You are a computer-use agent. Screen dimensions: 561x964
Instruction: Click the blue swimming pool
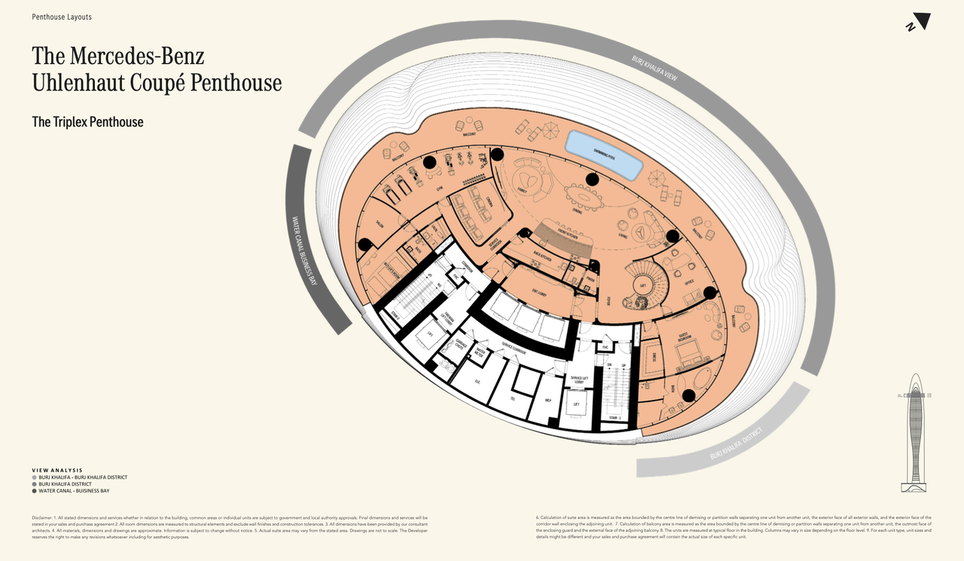[x=604, y=154]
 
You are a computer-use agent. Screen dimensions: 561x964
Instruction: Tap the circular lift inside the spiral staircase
[x=642, y=285]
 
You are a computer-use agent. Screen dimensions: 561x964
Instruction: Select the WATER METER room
[x=480, y=350]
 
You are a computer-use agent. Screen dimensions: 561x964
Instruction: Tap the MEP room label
[x=548, y=400]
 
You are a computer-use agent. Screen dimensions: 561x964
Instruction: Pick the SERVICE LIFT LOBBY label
[x=579, y=380]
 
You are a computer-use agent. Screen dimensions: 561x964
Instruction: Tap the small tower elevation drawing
[x=915, y=432]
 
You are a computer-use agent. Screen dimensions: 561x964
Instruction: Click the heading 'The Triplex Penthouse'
[x=87, y=122]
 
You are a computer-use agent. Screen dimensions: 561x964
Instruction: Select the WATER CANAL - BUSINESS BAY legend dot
[x=35, y=491]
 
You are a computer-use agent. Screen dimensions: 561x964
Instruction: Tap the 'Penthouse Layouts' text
[x=62, y=17]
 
